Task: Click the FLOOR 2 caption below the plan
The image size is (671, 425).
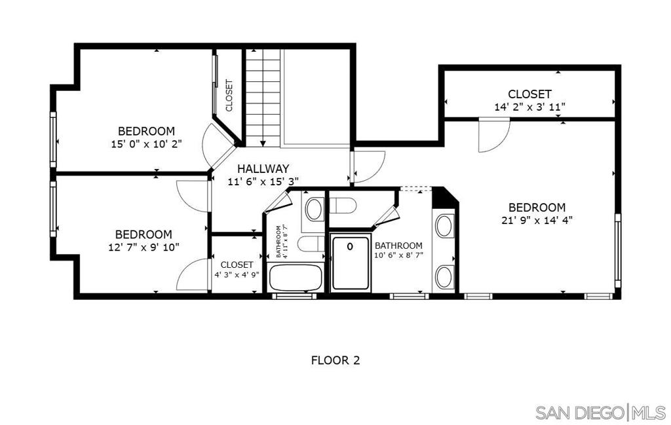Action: (335, 360)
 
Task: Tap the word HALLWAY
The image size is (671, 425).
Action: (263, 169)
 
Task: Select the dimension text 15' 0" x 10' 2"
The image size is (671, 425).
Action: (146, 143)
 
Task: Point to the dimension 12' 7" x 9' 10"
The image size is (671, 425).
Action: (144, 247)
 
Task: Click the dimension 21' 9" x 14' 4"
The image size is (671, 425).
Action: (537, 220)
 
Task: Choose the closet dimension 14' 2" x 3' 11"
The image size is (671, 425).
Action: (529, 106)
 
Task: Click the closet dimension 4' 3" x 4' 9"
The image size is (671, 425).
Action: (237, 275)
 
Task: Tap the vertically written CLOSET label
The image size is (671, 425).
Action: (229, 96)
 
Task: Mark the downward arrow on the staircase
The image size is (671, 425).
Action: (263, 141)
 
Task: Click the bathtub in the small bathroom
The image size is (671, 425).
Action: (296, 278)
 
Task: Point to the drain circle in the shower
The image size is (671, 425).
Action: (350, 246)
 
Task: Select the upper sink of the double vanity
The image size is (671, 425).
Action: (445, 226)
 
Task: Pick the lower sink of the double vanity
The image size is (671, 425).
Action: (445, 275)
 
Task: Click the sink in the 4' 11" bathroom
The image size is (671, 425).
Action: (315, 210)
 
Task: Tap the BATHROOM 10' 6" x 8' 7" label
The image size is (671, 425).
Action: (398, 250)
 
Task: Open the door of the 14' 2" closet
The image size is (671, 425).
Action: (493, 136)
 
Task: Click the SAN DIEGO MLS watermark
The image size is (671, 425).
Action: (599, 413)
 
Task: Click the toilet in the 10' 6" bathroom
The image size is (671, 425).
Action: (342, 205)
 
